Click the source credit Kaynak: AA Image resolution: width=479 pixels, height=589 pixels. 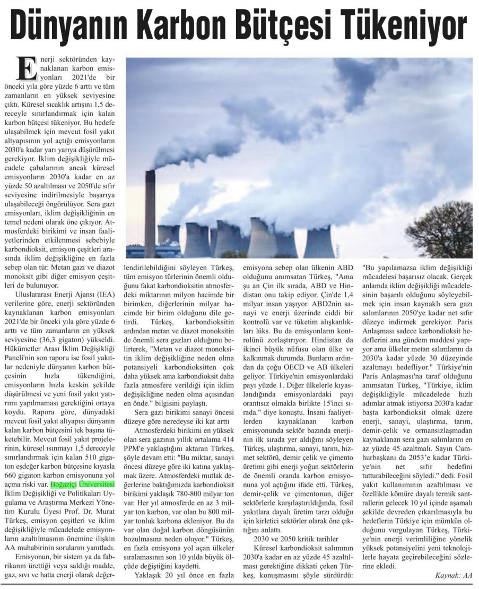(453, 575)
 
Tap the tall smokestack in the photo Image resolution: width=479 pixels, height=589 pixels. (150, 212)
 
